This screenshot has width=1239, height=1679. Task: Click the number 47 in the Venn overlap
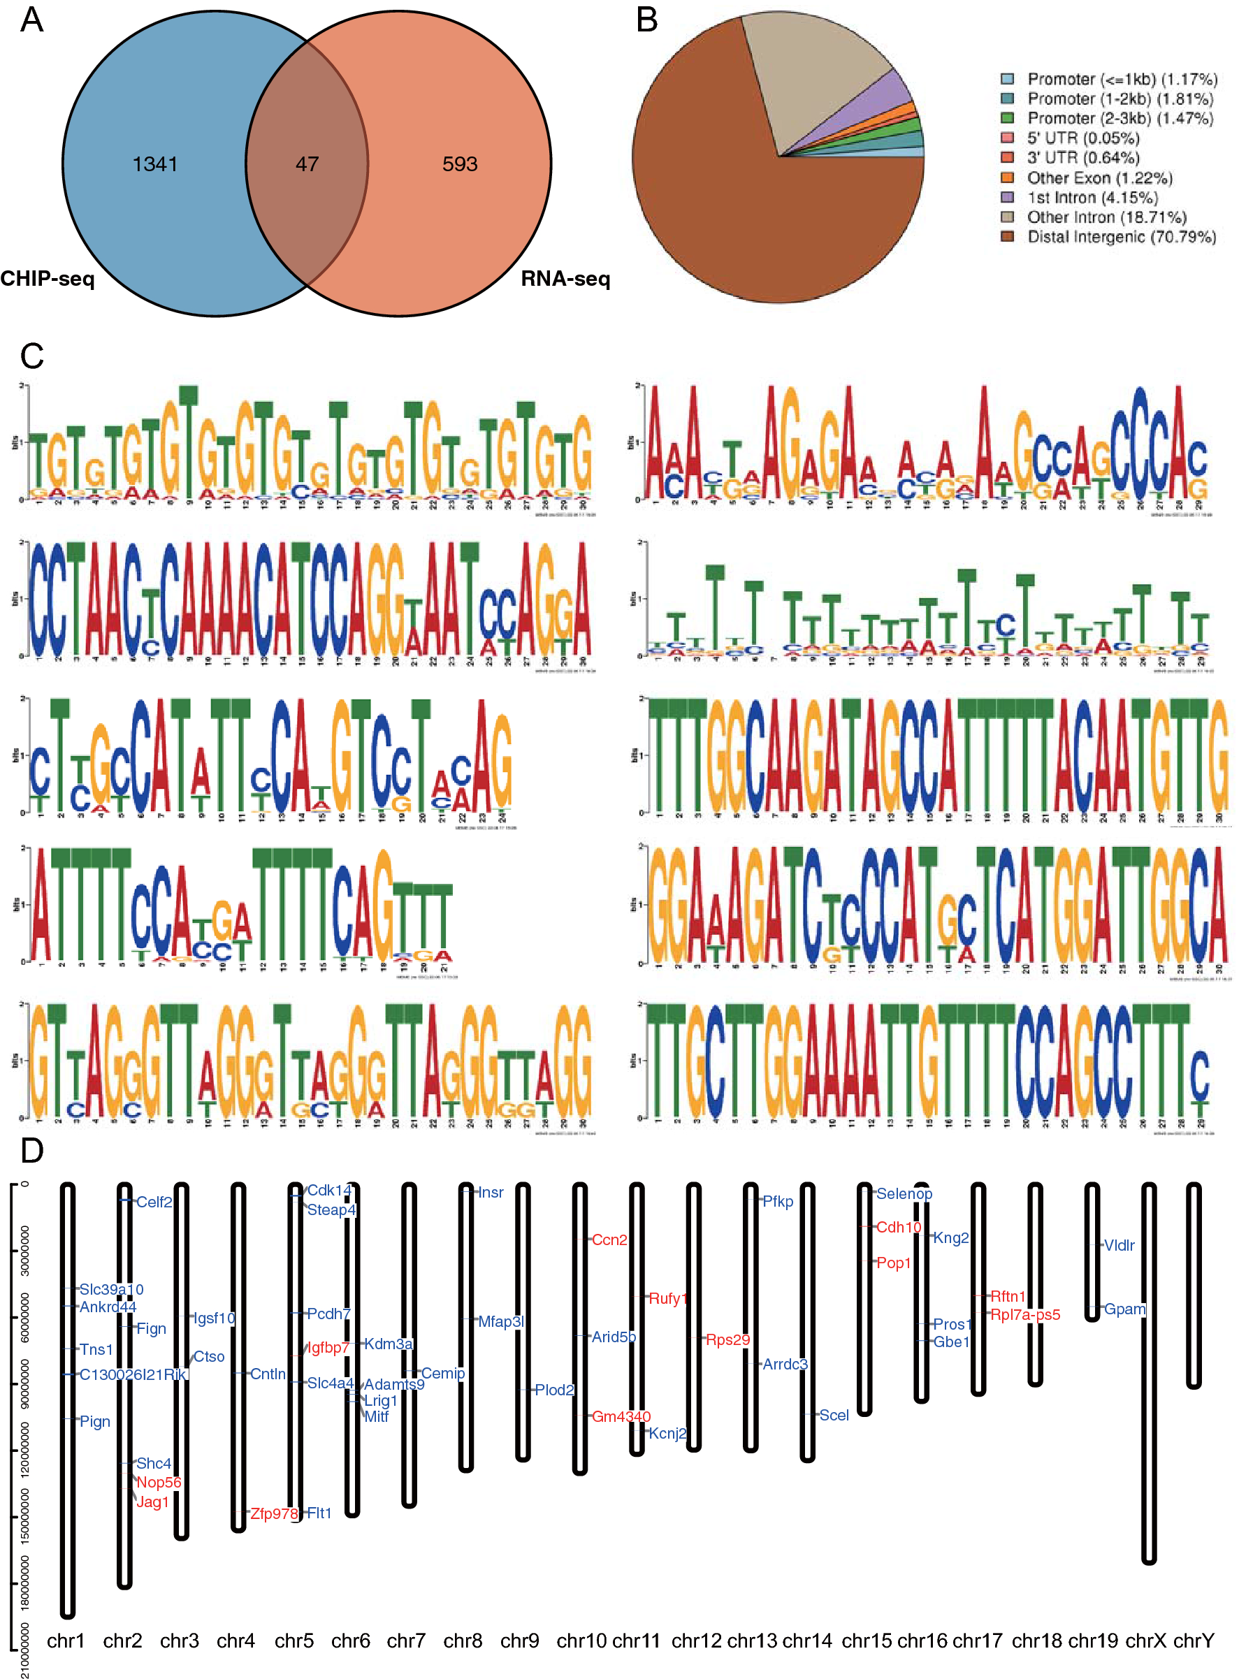[x=307, y=163]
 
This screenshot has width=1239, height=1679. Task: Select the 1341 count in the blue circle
[x=154, y=163]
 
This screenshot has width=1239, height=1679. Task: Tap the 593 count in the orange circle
[x=459, y=163]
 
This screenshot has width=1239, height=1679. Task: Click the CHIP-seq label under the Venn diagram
[x=48, y=279]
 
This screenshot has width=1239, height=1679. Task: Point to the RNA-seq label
[x=565, y=279]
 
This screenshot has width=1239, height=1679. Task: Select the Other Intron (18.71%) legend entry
[x=1106, y=217]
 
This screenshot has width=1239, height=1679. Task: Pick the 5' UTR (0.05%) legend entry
[x=1082, y=138]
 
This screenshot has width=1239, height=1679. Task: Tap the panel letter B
[x=646, y=20]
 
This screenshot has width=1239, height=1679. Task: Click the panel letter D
[x=31, y=1149]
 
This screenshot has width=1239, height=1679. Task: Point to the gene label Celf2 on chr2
[x=154, y=1202]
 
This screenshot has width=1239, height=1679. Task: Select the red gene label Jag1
[x=152, y=1502]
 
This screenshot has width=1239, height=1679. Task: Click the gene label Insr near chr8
[x=491, y=1192]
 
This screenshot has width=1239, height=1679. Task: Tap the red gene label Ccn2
[x=609, y=1240]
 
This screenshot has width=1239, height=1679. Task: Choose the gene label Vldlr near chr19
[x=1118, y=1245]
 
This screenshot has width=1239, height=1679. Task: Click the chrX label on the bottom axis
[x=1145, y=1640]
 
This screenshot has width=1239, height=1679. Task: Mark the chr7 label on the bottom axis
[x=406, y=1640]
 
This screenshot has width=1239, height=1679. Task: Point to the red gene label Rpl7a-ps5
[x=1024, y=1314]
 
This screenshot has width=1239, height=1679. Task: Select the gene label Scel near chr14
[x=833, y=1414]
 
